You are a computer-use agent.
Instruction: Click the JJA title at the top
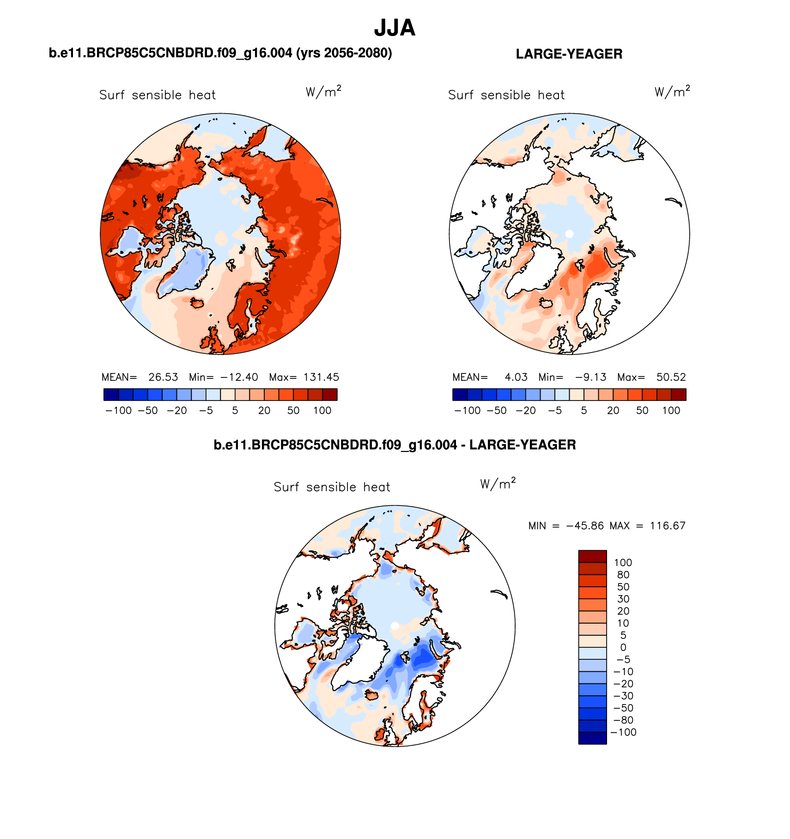click(395, 28)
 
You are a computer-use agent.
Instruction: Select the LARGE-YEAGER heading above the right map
click(569, 54)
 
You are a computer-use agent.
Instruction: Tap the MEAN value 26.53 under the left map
click(163, 377)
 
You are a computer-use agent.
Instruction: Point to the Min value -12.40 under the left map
click(239, 377)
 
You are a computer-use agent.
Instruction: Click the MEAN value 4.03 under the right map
click(516, 377)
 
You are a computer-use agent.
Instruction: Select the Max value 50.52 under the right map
click(671, 377)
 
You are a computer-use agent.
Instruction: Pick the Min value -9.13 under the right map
click(590, 377)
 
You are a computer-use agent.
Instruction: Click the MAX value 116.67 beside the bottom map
click(668, 526)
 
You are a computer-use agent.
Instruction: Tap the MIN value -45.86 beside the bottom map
click(585, 526)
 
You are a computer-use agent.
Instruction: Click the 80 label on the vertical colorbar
click(623, 575)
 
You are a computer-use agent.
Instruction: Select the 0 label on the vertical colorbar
click(623, 647)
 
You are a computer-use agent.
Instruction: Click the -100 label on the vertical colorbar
click(623, 732)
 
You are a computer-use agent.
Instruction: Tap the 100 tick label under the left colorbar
click(322, 411)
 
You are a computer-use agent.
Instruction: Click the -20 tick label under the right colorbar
click(526, 411)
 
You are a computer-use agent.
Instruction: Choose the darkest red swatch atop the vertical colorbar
click(592, 556)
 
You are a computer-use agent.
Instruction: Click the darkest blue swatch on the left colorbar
click(111, 395)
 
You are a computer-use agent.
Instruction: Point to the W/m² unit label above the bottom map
click(498, 484)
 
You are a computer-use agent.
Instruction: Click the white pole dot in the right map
click(569, 234)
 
